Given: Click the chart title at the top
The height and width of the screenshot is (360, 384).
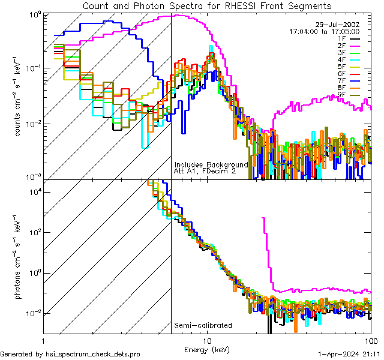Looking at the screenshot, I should coord(206,5).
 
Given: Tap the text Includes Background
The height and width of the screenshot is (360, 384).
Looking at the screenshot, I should coord(211,164).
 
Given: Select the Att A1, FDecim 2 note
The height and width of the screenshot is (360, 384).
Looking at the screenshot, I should coord(205,172).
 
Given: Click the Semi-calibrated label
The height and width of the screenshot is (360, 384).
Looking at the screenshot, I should coord(203,326).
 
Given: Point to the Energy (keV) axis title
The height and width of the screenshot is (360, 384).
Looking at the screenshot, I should coord(206,349).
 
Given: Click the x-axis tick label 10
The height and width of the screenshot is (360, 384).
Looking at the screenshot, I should coord(207,341).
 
